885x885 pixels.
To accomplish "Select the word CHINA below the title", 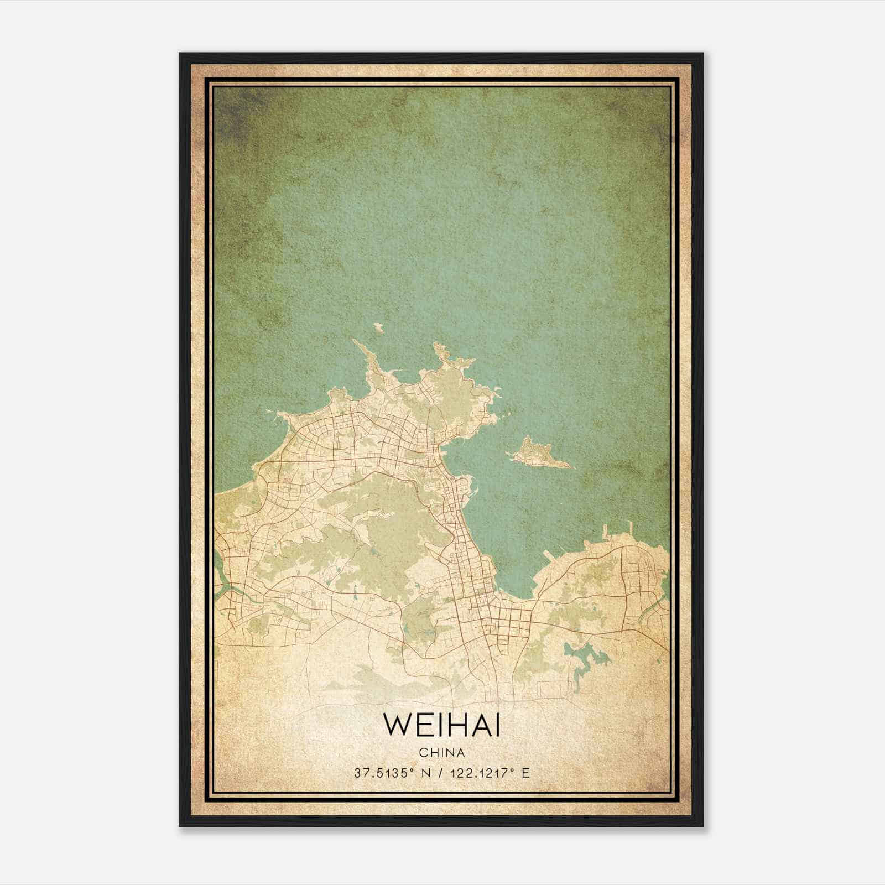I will pyautogui.click(x=441, y=753).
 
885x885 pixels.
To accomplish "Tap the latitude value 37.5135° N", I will pyautogui.click(x=391, y=773).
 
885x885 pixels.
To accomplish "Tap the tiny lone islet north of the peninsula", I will pyautogui.click(x=378, y=327).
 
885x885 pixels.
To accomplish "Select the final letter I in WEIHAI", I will pyautogui.click(x=497, y=725).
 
